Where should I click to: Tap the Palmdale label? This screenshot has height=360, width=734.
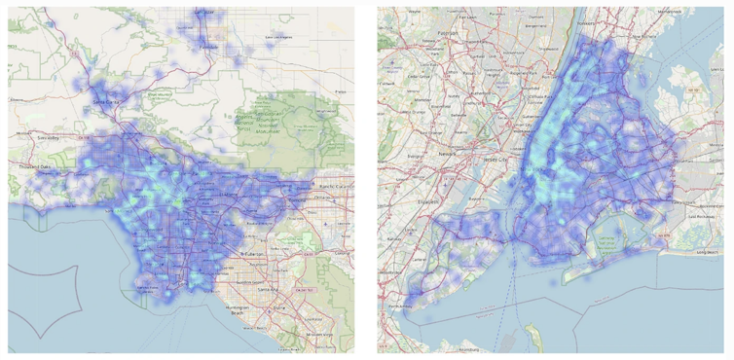coord(204,13)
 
